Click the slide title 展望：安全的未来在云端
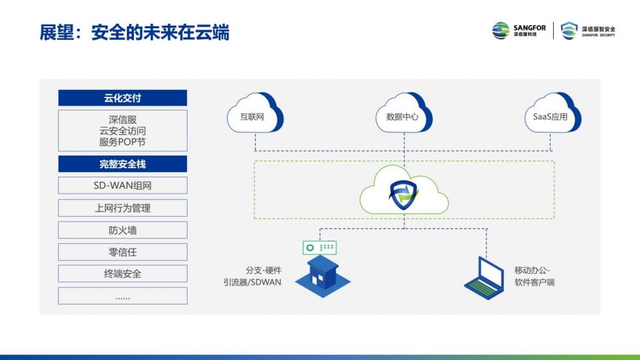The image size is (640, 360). point(134,32)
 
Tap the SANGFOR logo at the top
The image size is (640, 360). point(519,31)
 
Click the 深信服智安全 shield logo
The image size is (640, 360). point(587,31)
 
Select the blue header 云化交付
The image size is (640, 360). point(122,98)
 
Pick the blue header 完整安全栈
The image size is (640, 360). point(122,164)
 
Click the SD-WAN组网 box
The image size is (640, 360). point(122,186)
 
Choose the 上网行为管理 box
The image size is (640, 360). point(122,208)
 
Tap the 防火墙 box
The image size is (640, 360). point(122,230)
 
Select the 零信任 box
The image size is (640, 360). point(122,252)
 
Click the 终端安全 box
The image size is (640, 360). point(122,274)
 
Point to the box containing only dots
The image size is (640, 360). point(122,296)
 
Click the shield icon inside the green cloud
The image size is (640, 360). point(404,196)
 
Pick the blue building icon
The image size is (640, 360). point(322,276)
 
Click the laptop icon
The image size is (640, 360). point(484,278)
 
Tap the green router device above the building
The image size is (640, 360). point(319,247)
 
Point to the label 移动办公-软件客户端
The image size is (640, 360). point(534,276)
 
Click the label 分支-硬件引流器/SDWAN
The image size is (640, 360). point(252,276)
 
